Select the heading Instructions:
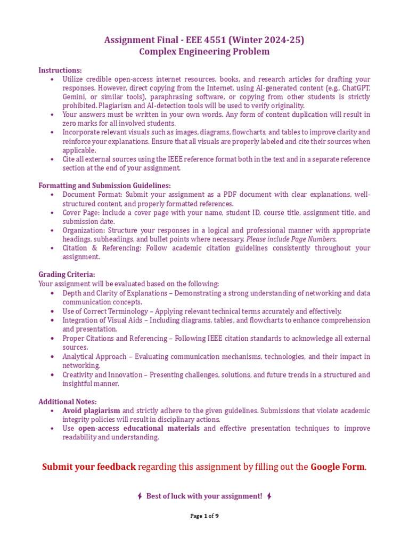[60, 70]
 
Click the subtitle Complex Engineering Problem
[204, 52]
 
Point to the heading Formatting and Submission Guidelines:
[104, 186]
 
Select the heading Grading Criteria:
[67, 275]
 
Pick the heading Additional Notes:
[68, 402]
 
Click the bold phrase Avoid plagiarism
[91, 411]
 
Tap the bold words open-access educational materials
[139, 428]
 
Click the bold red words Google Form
[338, 467]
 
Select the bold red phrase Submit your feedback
[89, 467]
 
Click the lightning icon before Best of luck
[140, 496]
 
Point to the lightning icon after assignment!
[269, 496]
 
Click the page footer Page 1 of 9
[204, 516]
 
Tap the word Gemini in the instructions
[75, 97]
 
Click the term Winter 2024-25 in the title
[269, 40]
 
